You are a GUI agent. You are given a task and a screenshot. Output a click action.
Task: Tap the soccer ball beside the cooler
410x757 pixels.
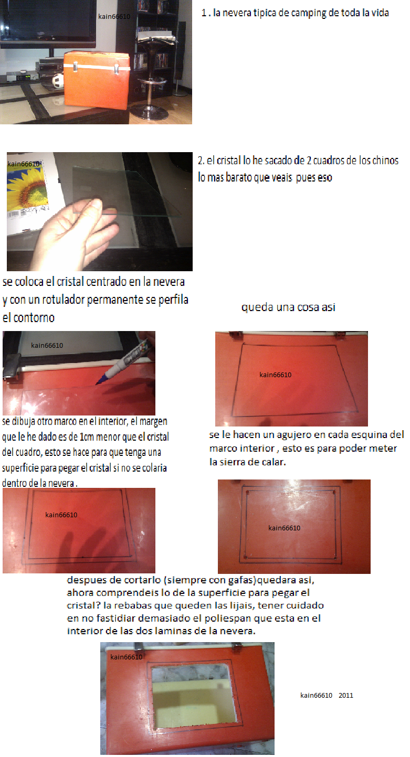[58, 81]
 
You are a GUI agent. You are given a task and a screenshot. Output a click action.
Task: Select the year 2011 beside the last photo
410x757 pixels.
[346, 695]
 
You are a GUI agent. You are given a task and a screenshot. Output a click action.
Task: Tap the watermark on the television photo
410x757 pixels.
[114, 17]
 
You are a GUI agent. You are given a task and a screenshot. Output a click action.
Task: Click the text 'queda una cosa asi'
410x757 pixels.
[288, 307]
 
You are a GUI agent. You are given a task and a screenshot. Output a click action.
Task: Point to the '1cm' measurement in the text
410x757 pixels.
[86, 437]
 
